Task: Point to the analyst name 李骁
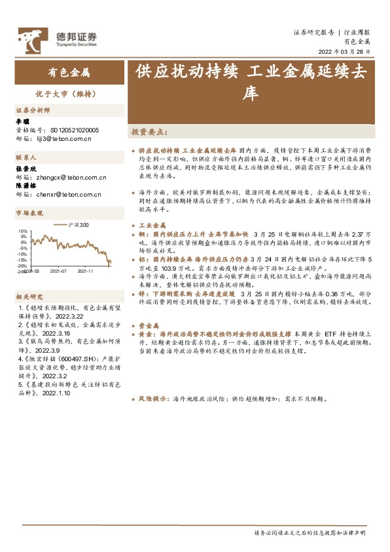[x=23, y=121]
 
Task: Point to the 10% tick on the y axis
[x=22, y=231]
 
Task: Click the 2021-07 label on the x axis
[x=58, y=270]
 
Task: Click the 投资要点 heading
[x=149, y=132]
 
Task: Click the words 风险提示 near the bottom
[x=151, y=399]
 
